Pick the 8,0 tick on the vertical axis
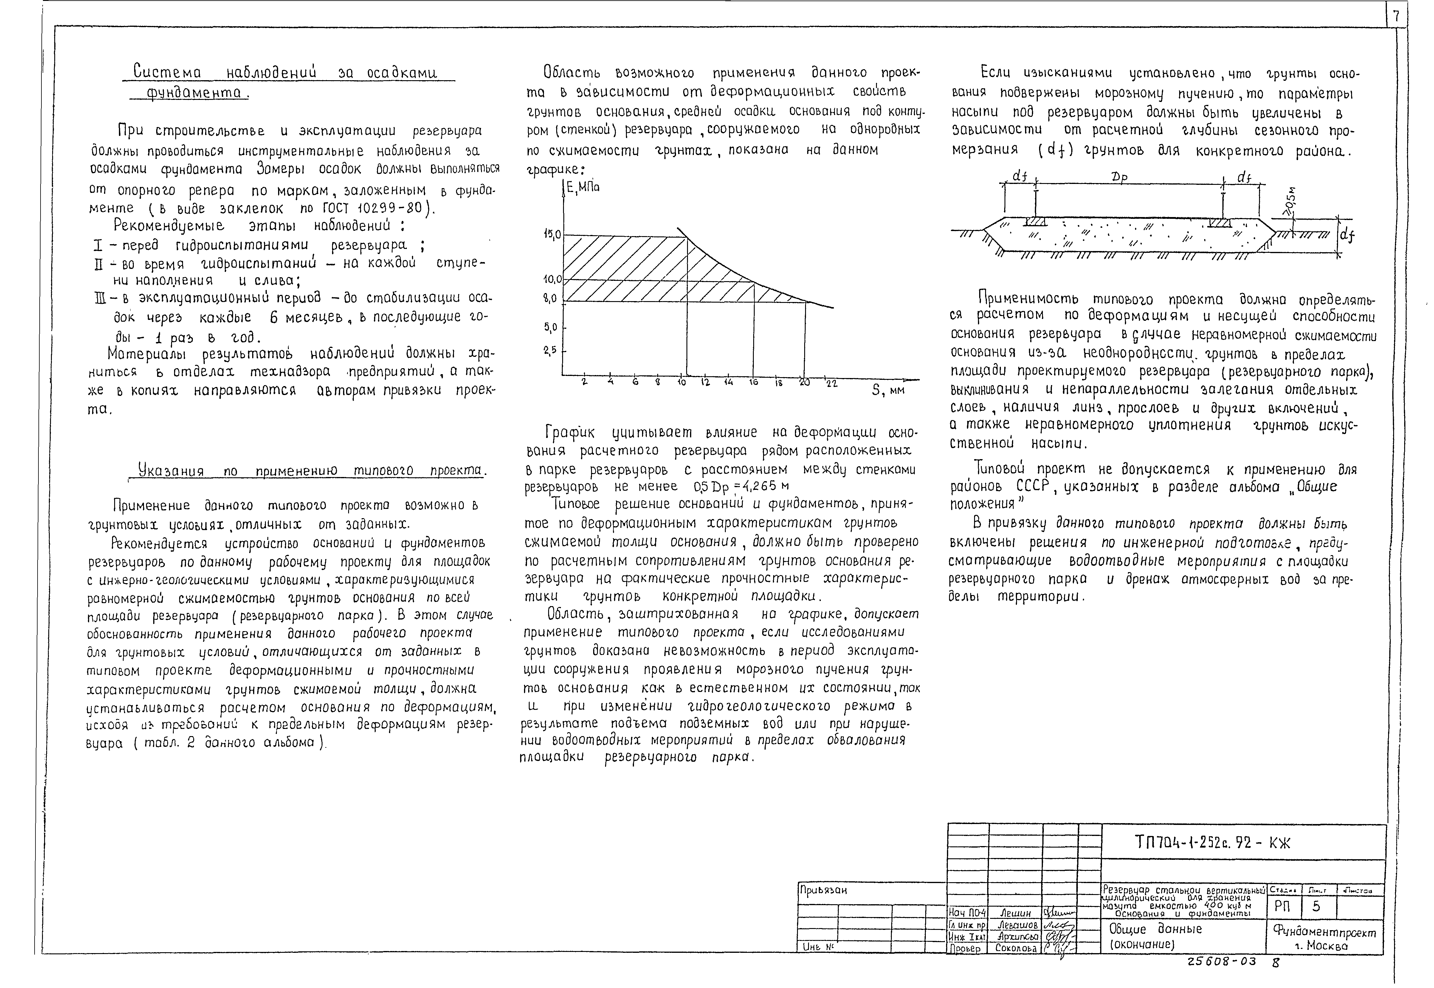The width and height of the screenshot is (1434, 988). click(550, 298)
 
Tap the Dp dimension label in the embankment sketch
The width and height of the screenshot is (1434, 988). click(1119, 178)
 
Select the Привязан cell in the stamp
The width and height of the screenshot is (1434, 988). click(823, 890)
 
